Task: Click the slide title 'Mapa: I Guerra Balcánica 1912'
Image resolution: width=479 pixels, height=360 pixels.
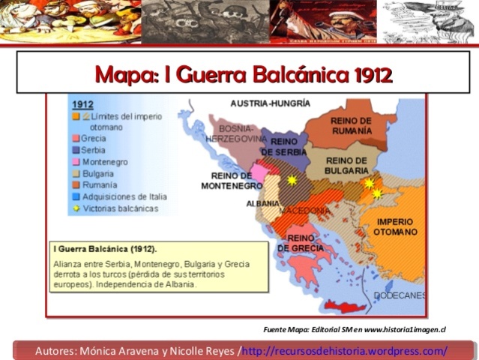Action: coord(244,74)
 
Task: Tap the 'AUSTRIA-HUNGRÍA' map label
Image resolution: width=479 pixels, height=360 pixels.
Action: coord(269,103)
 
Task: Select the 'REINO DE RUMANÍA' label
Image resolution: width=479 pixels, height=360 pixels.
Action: coord(349,126)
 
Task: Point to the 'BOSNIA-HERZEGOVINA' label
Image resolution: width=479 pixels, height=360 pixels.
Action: coord(235,133)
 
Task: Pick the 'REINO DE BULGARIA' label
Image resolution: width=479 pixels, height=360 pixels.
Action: coord(346,165)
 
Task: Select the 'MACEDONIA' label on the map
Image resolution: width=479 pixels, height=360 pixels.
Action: coord(304,211)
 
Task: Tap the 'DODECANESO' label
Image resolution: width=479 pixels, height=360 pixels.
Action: coord(400,295)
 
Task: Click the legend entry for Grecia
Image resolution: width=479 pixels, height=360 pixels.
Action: coord(93,139)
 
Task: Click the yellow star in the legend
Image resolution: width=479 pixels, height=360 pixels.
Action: coord(75,208)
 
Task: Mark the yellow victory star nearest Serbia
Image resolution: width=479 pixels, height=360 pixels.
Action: coord(292,181)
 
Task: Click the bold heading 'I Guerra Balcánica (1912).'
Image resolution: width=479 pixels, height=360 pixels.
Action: coord(109,248)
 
